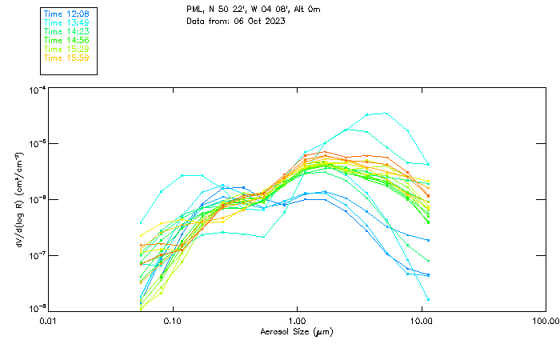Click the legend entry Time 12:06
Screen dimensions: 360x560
pyautogui.click(x=66, y=14)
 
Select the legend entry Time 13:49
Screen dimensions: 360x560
pyautogui.click(x=66, y=23)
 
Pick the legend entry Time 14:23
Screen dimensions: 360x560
pyautogui.click(x=66, y=32)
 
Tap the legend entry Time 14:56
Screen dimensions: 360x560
pyautogui.click(x=66, y=41)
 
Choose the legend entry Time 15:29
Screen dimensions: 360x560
pyautogui.click(x=66, y=50)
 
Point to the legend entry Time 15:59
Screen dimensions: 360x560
pyautogui.click(x=66, y=58)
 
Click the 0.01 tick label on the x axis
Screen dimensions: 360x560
pyautogui.click(x=48, y=322)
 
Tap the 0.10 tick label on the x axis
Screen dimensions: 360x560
pyautogui.click(x=172, y=322)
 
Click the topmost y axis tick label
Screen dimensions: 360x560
pyautogui.click(x=36, y=90)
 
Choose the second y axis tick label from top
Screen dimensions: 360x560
pyautogui.click(x=36, y=145)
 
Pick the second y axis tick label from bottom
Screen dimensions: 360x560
pyautogui.click(x=36, y=255)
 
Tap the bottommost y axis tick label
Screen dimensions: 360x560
pyautogui.click(x=36, y=309)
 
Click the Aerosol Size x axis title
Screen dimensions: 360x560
pyautogui.click(x=296, y=331)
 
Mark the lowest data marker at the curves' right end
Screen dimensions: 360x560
pyautogui.click(x=428, y=298)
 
